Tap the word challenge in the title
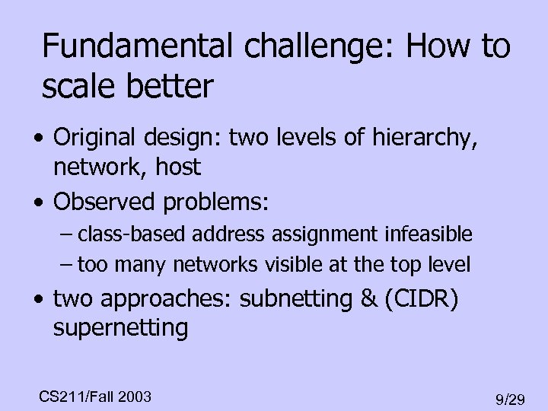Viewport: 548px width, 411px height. point(311,48)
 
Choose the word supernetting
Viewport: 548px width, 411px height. point(120,328)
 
